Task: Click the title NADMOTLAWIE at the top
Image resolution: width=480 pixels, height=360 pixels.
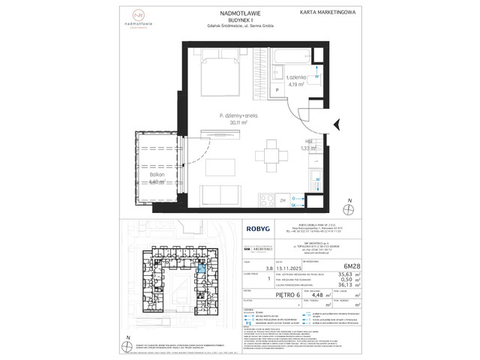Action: pyautogui.click(x=238, y=13)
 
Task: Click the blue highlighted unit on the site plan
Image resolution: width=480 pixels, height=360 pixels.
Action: pyautogui.click(x=202, y=270)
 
